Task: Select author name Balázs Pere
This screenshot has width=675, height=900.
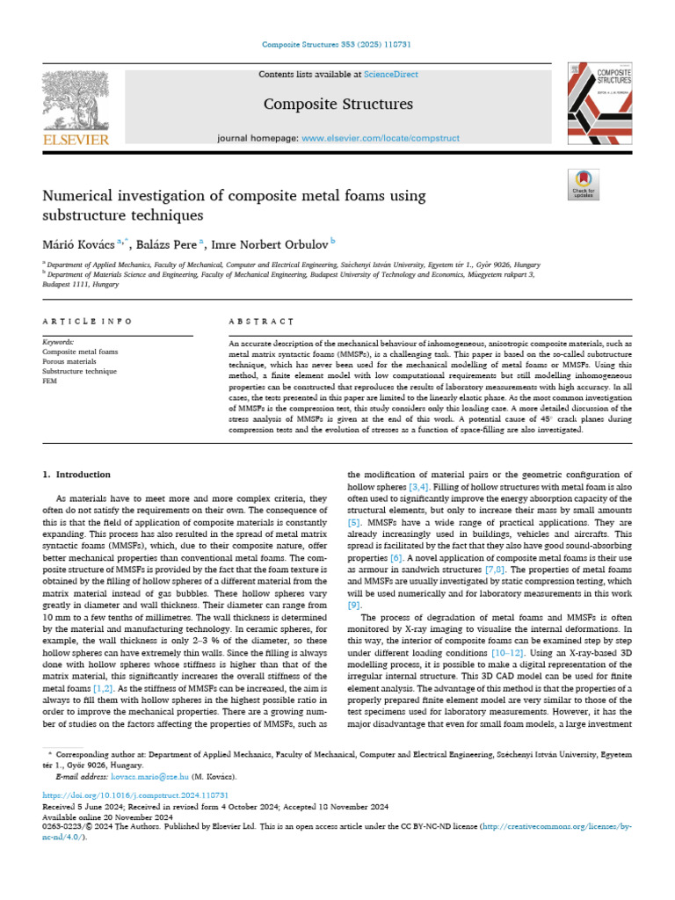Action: coord(165,243)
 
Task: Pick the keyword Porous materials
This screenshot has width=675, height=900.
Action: coord(69,360)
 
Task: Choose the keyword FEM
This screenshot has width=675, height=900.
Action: coord(50,381)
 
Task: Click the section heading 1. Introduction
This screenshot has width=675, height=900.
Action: coord(72,475)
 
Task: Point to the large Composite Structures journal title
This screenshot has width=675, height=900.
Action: coord(337,105)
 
